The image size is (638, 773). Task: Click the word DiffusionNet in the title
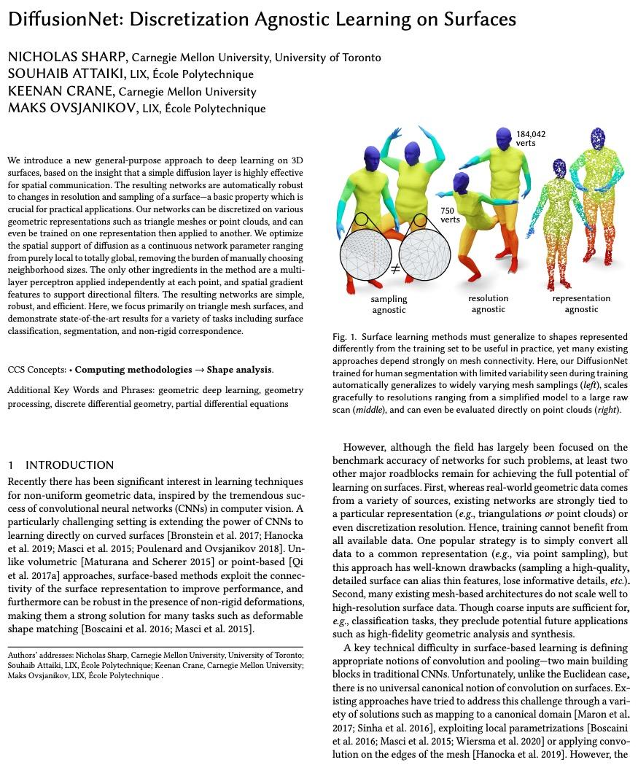tap(63, 20)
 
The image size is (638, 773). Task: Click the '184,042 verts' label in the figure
tap(530, 139)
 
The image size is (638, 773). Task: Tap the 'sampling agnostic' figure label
tap(389, 304)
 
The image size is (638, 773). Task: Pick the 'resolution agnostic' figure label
tap(488, 304)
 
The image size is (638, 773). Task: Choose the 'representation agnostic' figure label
tap(580, 304)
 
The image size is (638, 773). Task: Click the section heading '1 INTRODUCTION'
tap(61, 465)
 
